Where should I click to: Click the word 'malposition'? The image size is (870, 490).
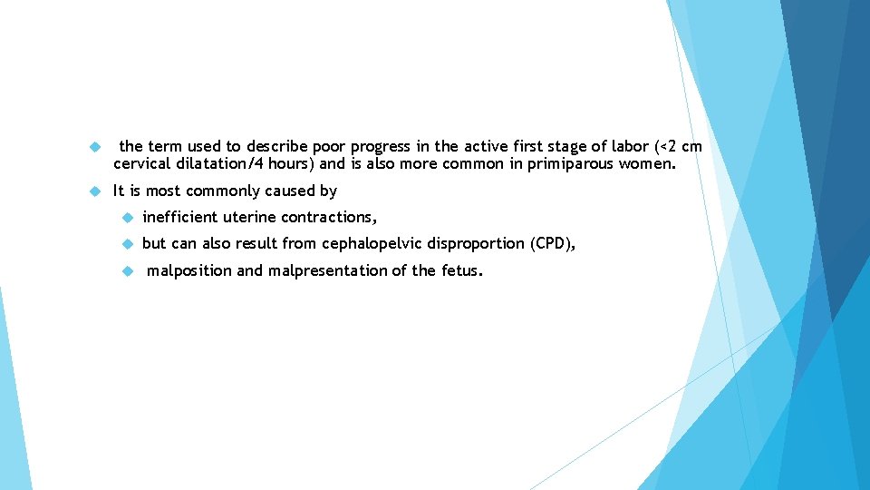point(188,270)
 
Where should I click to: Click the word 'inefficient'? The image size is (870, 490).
point(180,217)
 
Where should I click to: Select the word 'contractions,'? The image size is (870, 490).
point(329,217)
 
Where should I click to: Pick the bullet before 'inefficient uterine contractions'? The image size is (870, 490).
point(126,218)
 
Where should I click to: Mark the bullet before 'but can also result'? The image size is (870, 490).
point(126,244)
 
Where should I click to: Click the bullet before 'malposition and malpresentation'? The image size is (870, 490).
point(126,270)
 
